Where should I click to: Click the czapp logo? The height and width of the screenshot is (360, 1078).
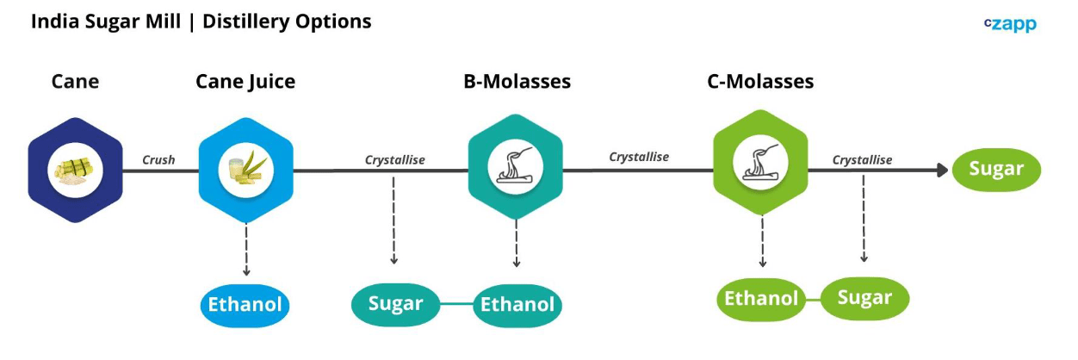[x=1010, y=24]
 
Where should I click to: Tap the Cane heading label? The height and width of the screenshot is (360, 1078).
[x=75, y=81]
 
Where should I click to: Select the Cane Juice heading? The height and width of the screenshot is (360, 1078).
[x=245, y=82]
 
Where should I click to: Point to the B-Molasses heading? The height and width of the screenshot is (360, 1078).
[x=517, y=81]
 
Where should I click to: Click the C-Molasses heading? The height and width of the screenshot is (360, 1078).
[x=760, y=81]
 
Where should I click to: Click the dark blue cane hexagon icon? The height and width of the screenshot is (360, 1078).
[x=75, y=170]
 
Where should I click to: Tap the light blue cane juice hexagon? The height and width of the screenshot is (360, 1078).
[x=246, y=170]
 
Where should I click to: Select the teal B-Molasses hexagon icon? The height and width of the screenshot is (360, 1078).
[x=516, y=166]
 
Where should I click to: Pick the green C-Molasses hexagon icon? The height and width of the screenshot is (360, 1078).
[x=760, y=163]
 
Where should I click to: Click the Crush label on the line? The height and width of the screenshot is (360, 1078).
[x=158, y=160]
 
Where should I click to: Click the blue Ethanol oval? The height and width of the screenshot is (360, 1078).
[x=245, y=306]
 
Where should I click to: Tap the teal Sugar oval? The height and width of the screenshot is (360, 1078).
[x=395, y=305]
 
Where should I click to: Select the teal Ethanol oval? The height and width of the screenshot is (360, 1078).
[x=517, y=306]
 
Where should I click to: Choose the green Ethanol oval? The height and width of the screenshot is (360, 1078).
[x=761, y=300]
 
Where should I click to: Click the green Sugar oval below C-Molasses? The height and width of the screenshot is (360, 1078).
[x=864, y=298]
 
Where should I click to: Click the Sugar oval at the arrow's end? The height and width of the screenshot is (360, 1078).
[x=996, y=170]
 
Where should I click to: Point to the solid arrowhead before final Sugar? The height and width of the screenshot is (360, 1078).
[x=942, y=170]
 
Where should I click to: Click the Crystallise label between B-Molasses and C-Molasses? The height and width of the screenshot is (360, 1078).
[x=639, y=157]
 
